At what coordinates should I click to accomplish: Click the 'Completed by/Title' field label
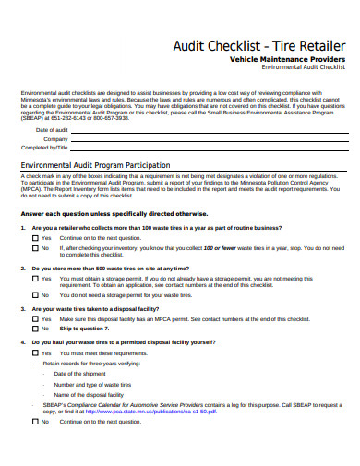pyautogui.click(x=44, y=147)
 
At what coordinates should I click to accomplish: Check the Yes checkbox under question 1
pyautogui.click(x=35, y=263)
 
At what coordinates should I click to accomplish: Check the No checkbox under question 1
pyautogui.click(x=35, y=273)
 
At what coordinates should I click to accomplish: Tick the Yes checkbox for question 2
pyautogui.click(x=35, y=303)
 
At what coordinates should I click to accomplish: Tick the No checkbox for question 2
pyautogui.click(x=35, y=319)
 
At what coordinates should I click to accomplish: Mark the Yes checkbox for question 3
pyautogui.click(x=35, y=344)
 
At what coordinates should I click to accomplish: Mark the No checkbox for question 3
pyautogui.click(x=35, y=353)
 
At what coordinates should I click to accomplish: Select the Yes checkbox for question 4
pyautogui.click(x=35, y=378)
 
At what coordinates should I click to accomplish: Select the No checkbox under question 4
pyautogui.click(x=35, y=446)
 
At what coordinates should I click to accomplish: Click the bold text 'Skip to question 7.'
pyautogui.click(x=84, y=353)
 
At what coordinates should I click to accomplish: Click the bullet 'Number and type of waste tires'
pyautogui.click(x=98, y=410)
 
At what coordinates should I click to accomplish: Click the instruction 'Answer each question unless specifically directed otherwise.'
pyautogui.click(x=128, y=238)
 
